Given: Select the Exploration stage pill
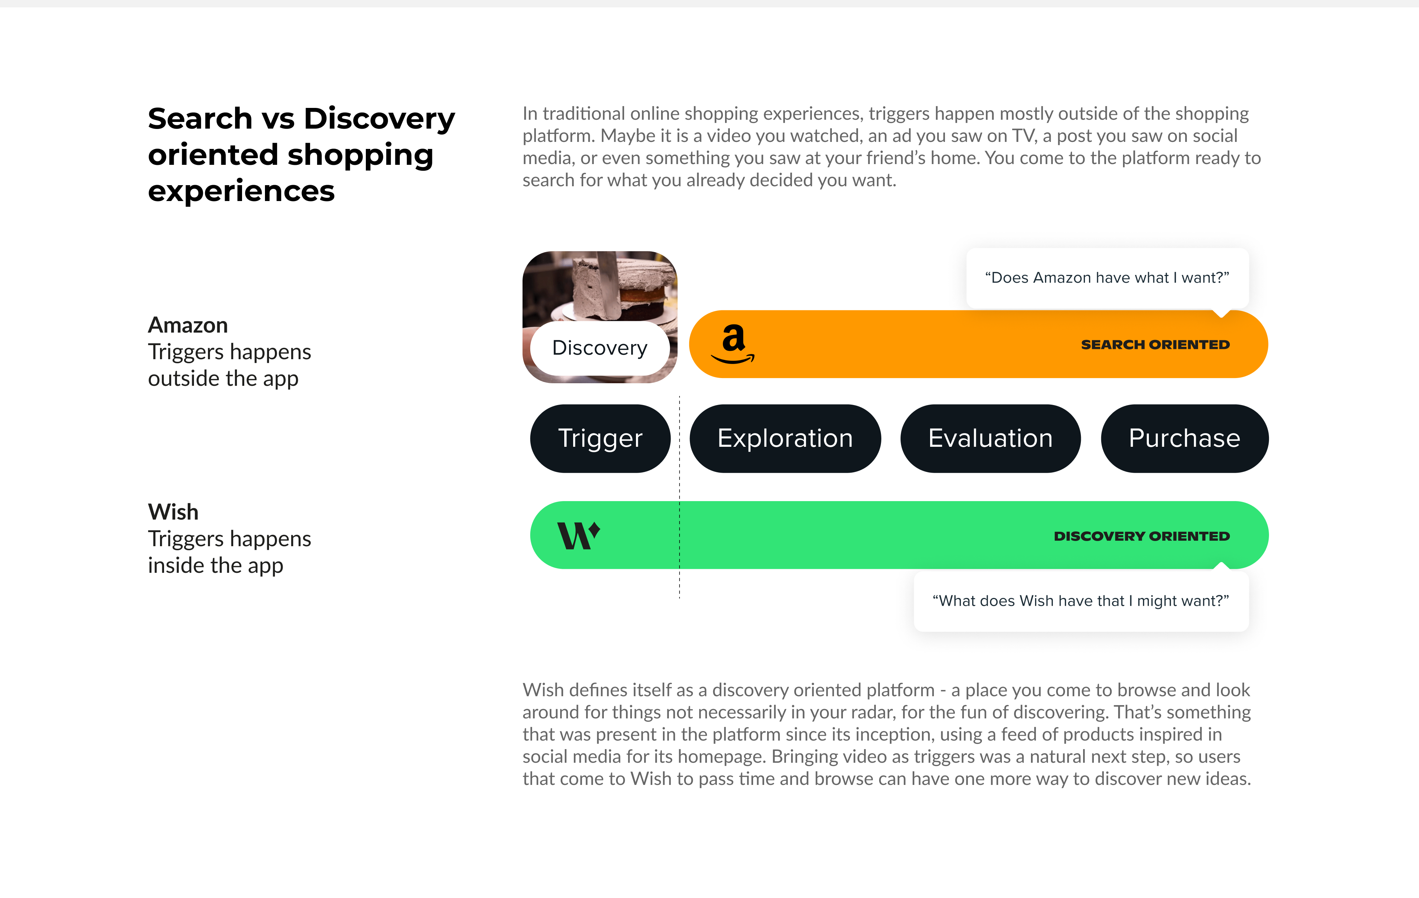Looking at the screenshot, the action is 785,438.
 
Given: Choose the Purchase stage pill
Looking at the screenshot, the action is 1184,438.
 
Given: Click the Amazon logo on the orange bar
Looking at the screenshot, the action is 733,344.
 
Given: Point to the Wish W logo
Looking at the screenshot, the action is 579,535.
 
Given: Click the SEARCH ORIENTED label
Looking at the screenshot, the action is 1155,345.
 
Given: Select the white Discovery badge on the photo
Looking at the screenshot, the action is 600,348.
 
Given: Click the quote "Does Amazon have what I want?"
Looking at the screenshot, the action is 1107,278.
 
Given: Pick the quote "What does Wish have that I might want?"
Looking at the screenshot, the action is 1081,601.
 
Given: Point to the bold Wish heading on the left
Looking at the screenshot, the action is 173,511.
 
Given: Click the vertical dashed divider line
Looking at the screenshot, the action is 680,497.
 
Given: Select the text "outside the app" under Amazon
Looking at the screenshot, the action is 223,378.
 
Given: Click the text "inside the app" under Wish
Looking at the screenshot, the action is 216,565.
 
